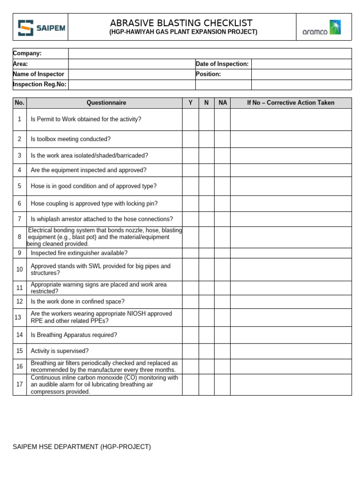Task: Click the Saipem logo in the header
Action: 41,28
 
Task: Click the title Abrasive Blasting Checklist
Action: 181,23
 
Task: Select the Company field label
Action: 27,53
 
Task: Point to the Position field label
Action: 208,74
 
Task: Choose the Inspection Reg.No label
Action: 40,84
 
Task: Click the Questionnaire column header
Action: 106,103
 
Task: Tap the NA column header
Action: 222,103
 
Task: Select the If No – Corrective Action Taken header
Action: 291,103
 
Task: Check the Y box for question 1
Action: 190,120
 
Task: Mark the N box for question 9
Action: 206,253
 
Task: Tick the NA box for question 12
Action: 222,301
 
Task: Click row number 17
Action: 20,384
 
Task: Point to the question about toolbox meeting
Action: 71,139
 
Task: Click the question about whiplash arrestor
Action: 102,219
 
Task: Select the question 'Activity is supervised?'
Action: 60,351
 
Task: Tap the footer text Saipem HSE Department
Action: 82,447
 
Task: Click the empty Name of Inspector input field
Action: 132,74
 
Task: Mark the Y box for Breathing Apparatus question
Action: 190,335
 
